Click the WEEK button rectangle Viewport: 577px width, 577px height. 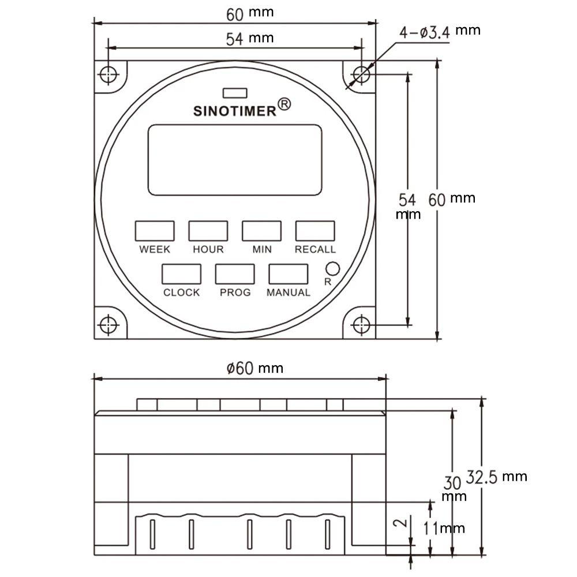tap(155, 231)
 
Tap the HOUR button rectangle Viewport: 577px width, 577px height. tap(208, 231)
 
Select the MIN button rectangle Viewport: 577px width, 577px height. tap(261, 231)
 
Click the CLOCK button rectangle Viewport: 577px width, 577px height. tap(181, 274)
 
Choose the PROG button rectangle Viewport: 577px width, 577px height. tap(235, 274)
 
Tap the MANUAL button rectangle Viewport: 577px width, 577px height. tap(288, 274)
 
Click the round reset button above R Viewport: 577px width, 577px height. tap(333, 269)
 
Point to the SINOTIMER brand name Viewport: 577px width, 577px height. tap(235, 111)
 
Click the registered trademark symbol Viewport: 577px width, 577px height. tap(284, 104)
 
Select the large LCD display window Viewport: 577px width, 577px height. tap(235, 160)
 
